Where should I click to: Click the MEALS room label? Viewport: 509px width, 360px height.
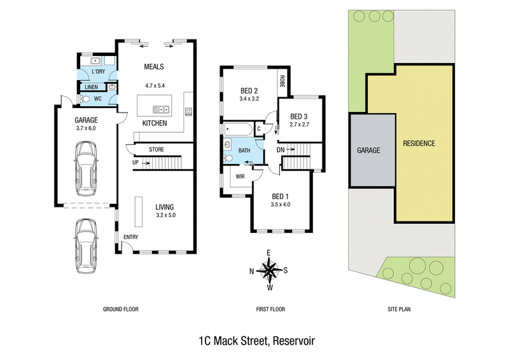point(154,67)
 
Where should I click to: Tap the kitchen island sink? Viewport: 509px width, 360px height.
point(161,109)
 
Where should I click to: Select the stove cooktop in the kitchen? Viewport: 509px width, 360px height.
point(188,112)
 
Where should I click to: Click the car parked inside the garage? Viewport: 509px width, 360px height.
point(86,168)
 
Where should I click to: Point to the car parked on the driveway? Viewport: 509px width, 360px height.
point(86,246)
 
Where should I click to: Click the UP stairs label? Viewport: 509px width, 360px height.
point(136,162)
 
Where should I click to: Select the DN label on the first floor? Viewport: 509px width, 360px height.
point(281,149)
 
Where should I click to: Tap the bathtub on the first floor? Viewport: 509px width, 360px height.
point(238,129)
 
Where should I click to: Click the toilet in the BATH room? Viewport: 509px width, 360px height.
point(228,158)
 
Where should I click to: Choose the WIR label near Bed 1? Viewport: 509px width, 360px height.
point(241,177)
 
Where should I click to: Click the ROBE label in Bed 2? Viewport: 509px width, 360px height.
point(282,81)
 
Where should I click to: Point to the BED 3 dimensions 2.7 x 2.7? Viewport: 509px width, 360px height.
point(299,124)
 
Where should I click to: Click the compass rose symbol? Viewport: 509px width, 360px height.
point(268,270)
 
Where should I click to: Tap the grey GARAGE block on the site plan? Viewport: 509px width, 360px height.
point(373,150)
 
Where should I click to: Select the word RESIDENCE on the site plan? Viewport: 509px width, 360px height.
point(419,143)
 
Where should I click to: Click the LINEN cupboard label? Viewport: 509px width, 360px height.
point(91,87)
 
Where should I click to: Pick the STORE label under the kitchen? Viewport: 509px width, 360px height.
point(157,149)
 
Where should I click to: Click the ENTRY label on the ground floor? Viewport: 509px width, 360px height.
point(131,237)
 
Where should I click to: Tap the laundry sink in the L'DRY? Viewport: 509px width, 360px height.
point(95,60)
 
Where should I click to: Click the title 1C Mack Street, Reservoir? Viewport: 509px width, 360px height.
point(257,341)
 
